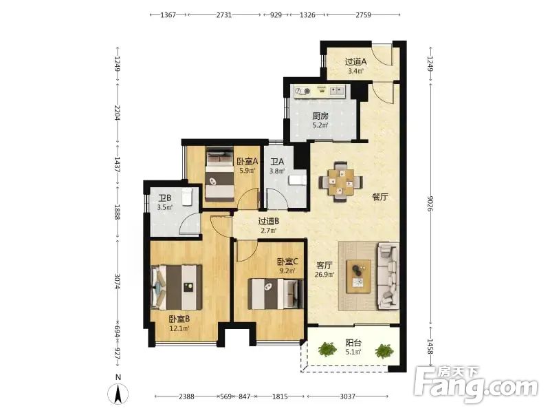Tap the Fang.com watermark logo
tap(476, 385)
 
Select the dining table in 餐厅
tap(340, 181)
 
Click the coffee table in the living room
tap(358, 276)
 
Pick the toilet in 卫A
tap(297, 180)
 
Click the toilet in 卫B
tap(186, 196)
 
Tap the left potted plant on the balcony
tap(327, 349)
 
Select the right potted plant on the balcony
tap(384, 351)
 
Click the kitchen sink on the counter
tap(336, 91)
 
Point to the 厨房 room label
tap(320, 116)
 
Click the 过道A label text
tap(355, 62)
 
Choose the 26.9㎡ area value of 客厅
tap(324, 275)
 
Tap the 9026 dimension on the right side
tap(430, 203)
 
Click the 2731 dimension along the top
tap(224, 14)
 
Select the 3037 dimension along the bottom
tap(348, 396)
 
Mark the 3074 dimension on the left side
tap(118, 282)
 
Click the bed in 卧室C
tap(276, 294)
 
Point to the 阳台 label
tap(353, 342)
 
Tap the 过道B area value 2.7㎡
tap(268, 231)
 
